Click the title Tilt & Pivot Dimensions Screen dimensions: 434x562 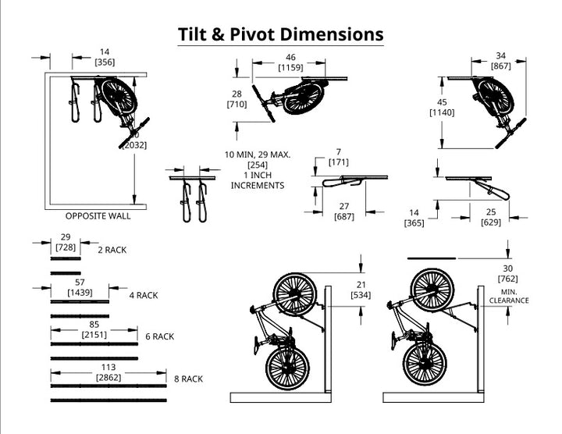point(280,34)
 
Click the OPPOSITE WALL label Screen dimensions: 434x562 point(98,216)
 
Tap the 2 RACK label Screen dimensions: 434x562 point(112,250)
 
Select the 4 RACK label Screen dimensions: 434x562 point(144,296)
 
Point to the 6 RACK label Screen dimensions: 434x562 point(159,336)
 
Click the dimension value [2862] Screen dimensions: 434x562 point(109,377)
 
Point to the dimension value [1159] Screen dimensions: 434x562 point(290,68)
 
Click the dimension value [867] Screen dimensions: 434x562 point(501,66)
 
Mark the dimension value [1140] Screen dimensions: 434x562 point(442,113)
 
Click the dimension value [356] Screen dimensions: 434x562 point(105,62)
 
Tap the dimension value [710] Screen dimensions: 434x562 point(237,104)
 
